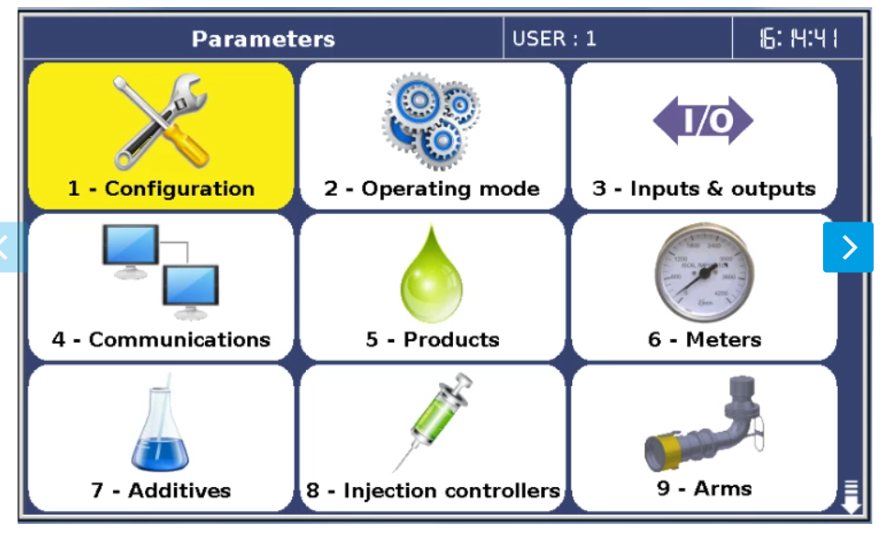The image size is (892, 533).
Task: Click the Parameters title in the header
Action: point(263,39)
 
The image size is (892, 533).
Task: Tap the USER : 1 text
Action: point(554,39)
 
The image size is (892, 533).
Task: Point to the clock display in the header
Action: point(798,39)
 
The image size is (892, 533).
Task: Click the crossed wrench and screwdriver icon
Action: point(161,121)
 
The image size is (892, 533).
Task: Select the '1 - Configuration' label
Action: point(161,188)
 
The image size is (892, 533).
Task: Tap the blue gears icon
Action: point(432,120)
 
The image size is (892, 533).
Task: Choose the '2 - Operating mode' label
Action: point(432,189)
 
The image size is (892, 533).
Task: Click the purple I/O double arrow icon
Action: point(703,120)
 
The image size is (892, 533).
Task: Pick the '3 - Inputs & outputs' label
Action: point(704,188)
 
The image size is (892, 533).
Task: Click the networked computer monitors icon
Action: point(161,272)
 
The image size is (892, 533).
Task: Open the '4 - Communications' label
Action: point(161,340)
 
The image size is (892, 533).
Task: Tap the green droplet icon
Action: point(432,274)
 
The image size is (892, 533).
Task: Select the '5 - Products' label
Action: point(433,340)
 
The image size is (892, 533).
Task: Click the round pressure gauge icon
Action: point(705,272)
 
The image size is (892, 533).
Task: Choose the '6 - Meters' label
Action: point(705,340)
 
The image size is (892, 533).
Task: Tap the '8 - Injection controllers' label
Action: point(433,491)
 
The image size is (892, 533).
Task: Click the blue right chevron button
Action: point(848,247)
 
